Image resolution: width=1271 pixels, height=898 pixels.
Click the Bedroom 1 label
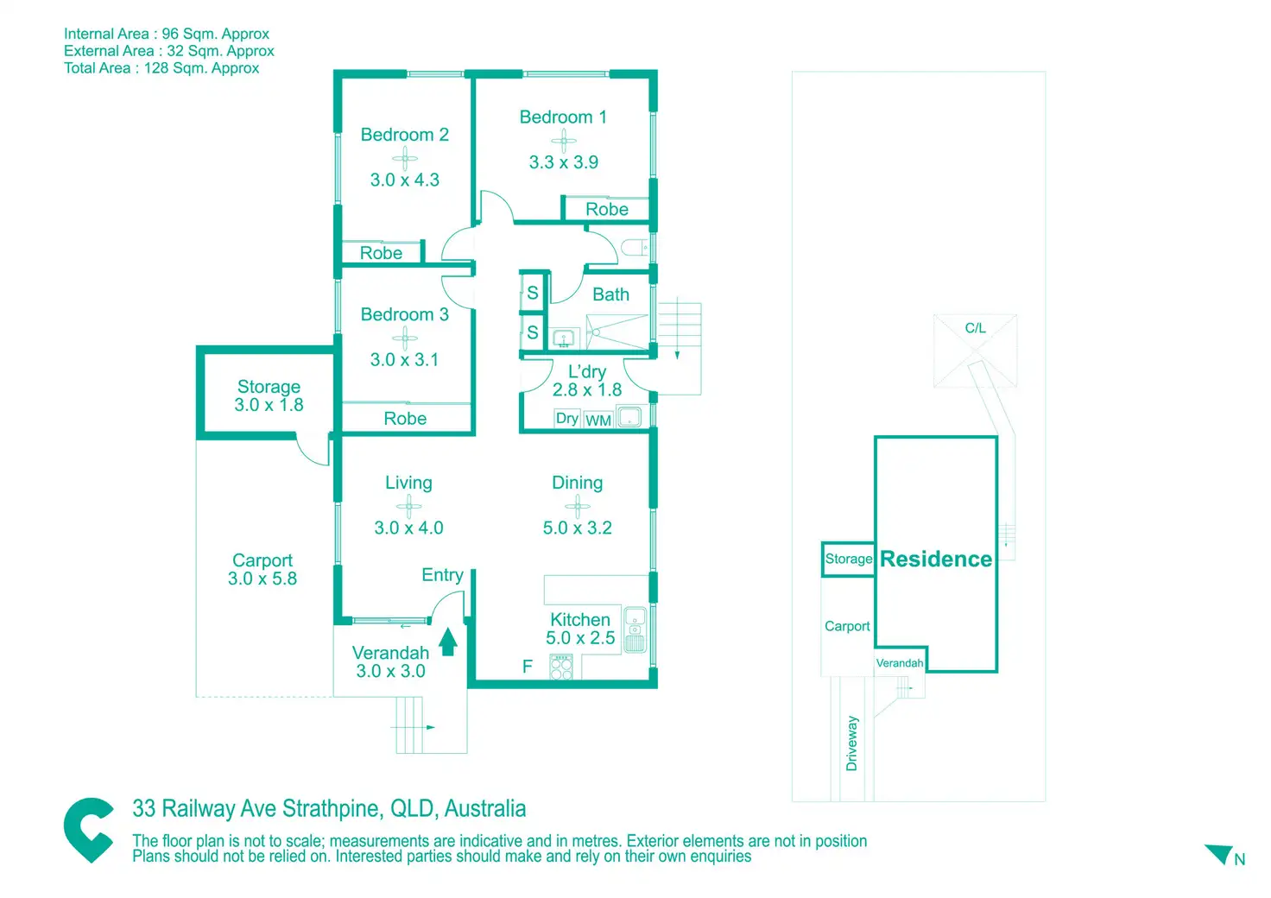(563, 117)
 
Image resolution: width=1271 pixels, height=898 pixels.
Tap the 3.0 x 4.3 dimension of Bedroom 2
(405, 180)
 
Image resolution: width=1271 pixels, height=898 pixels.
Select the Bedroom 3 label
(404, 315)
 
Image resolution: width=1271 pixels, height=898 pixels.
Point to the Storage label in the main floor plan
(269, 387)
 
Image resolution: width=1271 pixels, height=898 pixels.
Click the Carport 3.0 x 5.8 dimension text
(262, 579)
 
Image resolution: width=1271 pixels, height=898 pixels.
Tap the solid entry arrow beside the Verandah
(448, 642)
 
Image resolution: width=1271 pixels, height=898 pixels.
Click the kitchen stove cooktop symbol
(561, 667)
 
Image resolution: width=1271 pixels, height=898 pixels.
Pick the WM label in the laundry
(598, 421)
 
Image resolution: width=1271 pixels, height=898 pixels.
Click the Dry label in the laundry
(566, 419)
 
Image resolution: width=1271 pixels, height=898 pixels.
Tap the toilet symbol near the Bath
(635, 249)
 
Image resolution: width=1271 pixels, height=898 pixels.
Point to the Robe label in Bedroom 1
(607, 210)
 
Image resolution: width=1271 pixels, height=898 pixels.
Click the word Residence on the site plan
(936, 560)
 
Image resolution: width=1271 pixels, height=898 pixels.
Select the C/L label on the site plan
(975, 328)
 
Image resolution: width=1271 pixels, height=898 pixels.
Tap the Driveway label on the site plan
(852, 743)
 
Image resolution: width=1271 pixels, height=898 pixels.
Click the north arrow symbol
(1220, 854)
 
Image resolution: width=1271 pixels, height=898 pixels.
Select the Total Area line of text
(161, 68)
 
